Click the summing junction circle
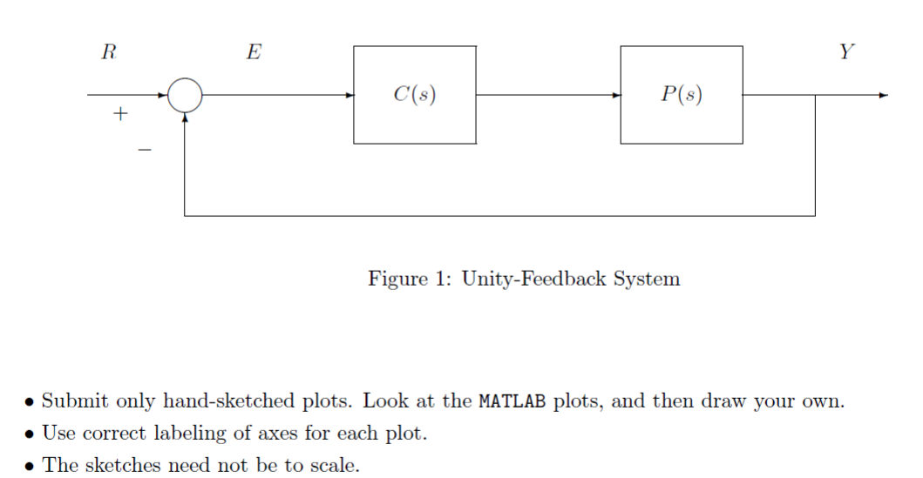(184, 95)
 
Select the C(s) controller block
(415, 95)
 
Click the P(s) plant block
(682, 95)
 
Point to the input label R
(109, 52)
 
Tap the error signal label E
(253, 52)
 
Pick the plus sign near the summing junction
(120, 114)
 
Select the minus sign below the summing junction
(145, 151)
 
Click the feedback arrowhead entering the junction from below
(185, 118)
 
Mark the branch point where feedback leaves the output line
(815, 95)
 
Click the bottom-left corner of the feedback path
(185, 215)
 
